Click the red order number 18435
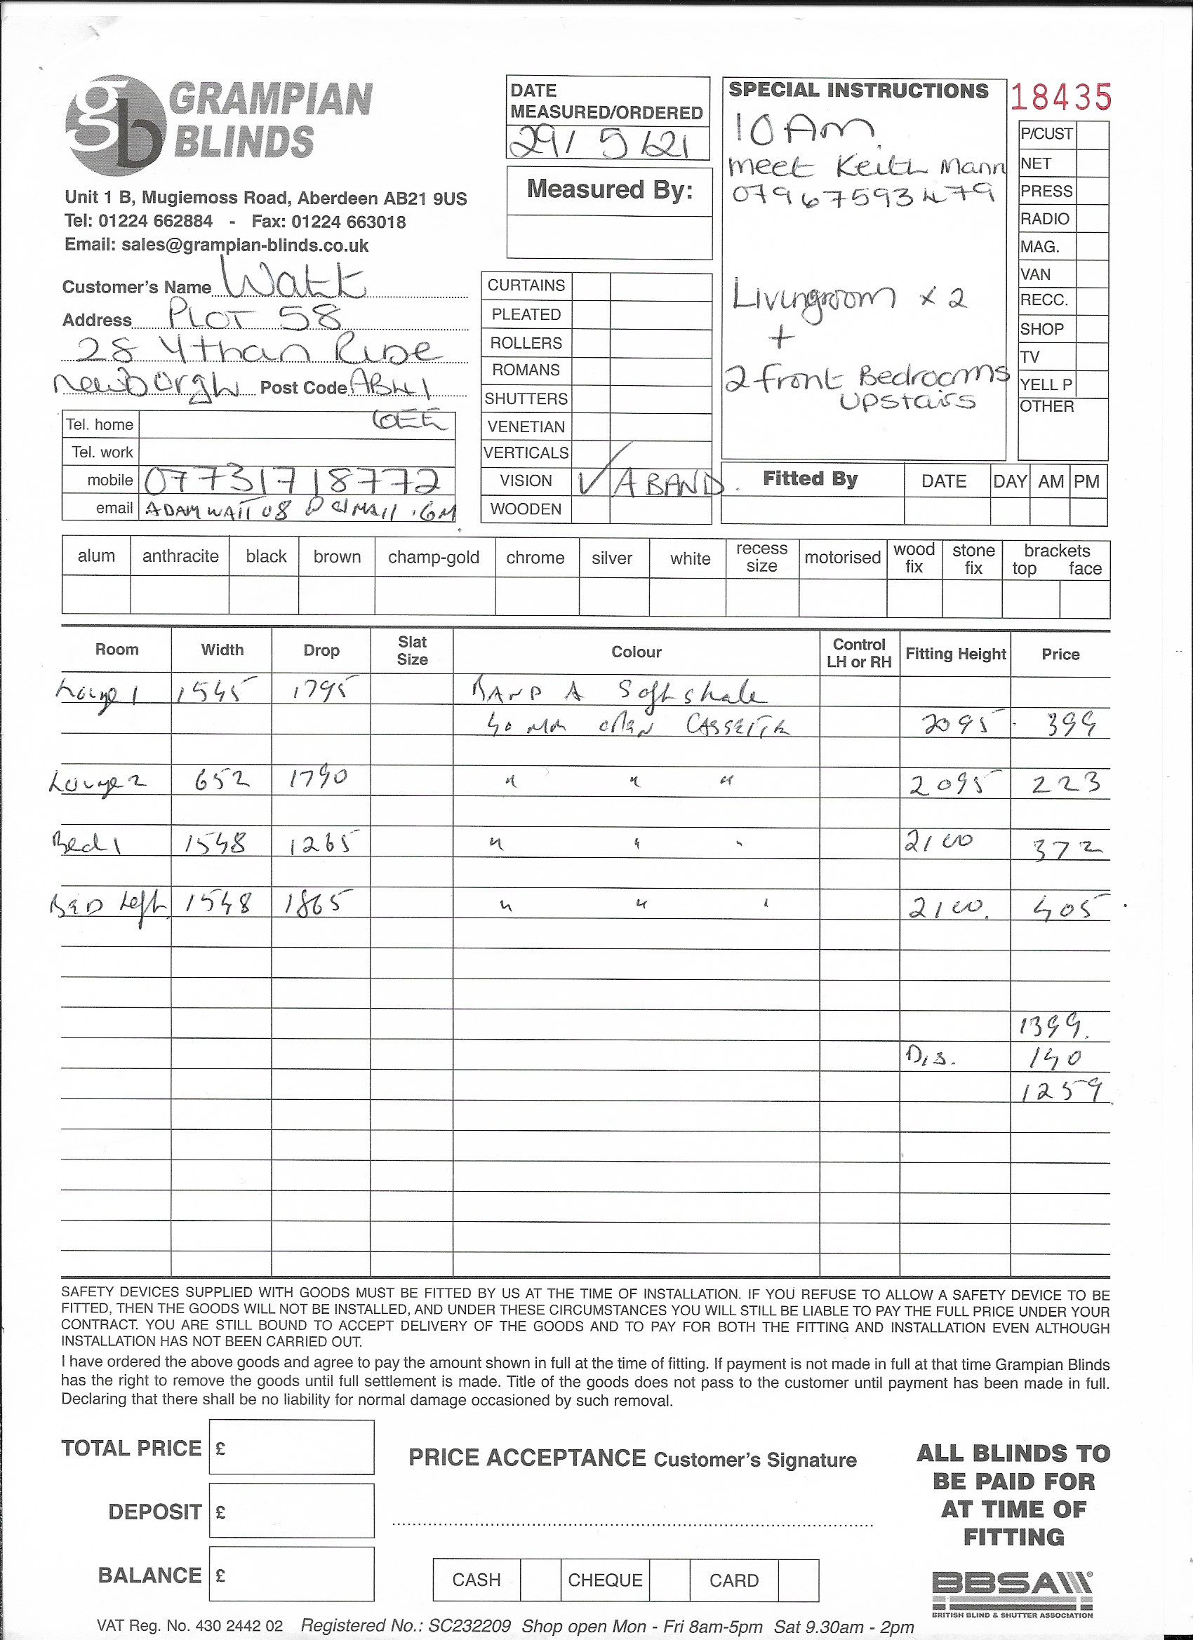1060,96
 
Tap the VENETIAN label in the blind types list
526,426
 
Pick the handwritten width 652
221,780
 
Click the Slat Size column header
412,650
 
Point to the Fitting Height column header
955,654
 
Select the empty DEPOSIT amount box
291,1510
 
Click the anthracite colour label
180,556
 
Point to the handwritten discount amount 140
1055,1058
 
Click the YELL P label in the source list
1046,384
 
